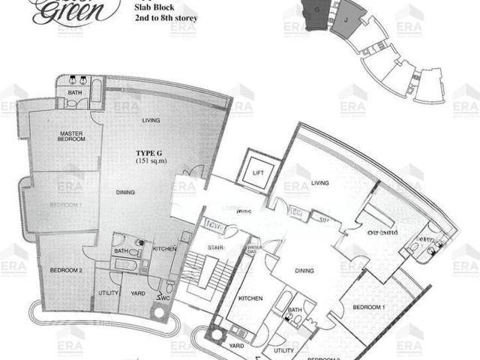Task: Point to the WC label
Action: click(x=163, y=298)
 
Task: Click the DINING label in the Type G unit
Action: click(x=125, y=193)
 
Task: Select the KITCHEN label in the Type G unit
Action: click(x=164, y=248)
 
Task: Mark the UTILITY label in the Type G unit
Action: click(x=108, y=294)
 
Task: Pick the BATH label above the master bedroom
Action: click(x=74, y=93)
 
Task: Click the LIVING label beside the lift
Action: click(x=321, y=182)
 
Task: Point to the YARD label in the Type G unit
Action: click(x=137, y=294)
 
